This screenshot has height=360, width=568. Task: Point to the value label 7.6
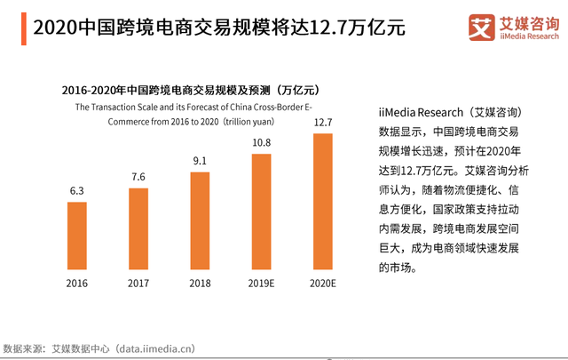(x=138, y=177)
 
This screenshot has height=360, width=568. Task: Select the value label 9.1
(x=200, y=161)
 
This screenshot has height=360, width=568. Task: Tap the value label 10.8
(x=261, y=142)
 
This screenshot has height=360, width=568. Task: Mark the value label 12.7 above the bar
(x=322, y=122)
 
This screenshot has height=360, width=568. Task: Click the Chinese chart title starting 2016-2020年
(x=190, y=91)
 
